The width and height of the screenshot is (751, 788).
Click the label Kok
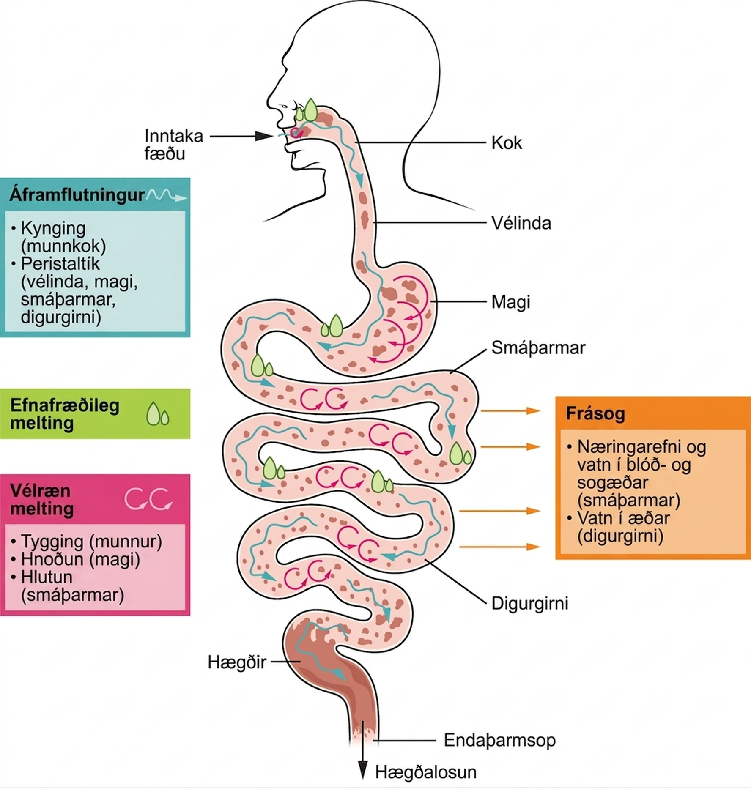click(x=507, y=143)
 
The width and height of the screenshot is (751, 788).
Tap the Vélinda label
click(x=521, y=223)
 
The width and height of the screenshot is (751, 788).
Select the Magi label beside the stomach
click(x=511, y=302)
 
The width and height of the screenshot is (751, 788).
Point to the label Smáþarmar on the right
click(x=538, y=348)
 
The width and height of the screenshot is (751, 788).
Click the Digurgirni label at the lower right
click(x=530, y=603)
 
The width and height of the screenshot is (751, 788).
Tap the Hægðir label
click(x=237, y=662)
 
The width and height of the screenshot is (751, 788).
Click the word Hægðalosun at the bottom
click(x=426, y=772)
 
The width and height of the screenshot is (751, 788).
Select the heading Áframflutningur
click(x=77, y=195)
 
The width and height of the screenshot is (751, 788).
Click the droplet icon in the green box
click(x=158, y=414)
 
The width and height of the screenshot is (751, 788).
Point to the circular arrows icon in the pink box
click(x=149, y=499)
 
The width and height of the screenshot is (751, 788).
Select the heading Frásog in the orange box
click(x=595, y=413)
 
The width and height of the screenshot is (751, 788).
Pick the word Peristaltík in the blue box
click(x=60, y=263)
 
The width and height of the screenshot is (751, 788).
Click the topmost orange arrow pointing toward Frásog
click(x=511, y=410)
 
